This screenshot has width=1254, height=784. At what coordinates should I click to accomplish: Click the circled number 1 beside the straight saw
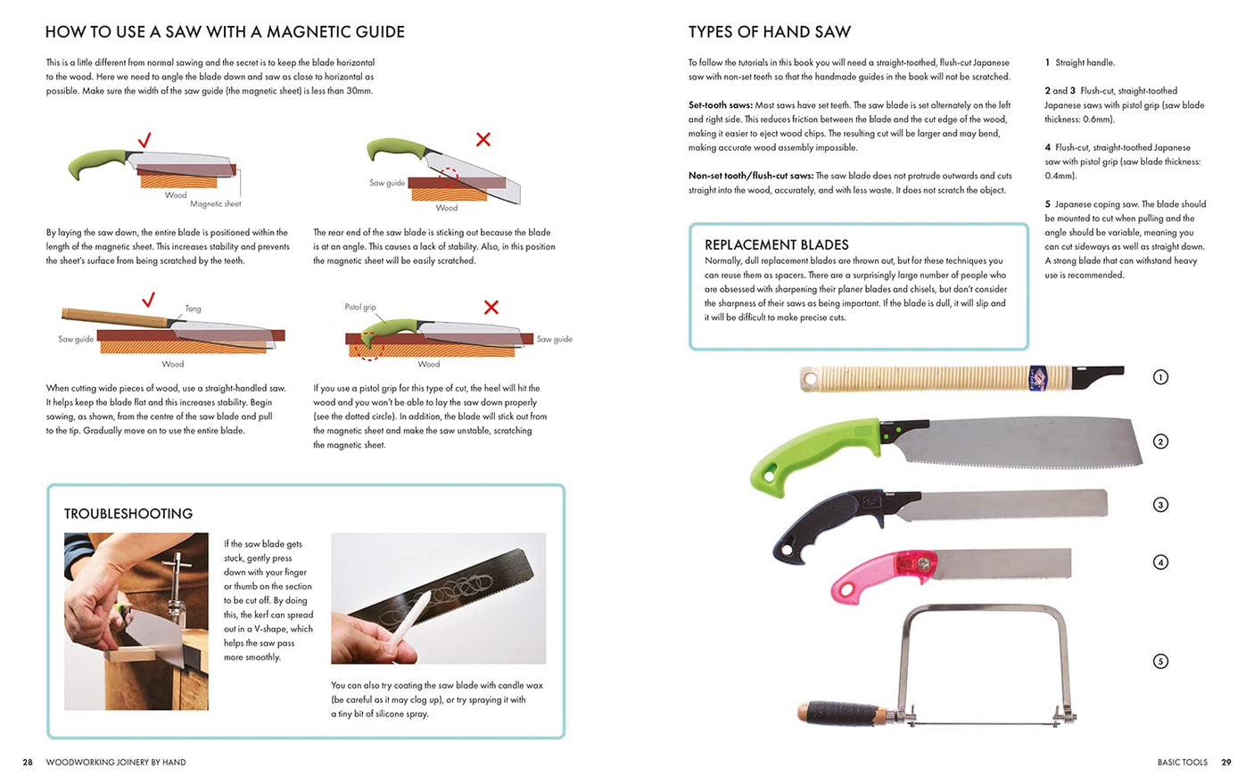pyautogui.click(x=1160, y=377)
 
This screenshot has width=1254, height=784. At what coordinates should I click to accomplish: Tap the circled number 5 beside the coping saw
pyautogui.click(x=1160, y=661)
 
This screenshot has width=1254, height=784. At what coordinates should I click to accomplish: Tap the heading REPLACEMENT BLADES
pyautogui.click(x=776, y=244)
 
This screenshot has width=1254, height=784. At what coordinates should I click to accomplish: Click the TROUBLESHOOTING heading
pyautogui.click(x=128, y=514)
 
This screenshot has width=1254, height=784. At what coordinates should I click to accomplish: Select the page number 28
pyautogui.click(x=28, y=763)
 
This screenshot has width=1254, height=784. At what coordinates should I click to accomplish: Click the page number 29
pyautogui.click(x=1226, y=763)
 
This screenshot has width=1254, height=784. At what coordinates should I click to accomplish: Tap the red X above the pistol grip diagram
pyautogui.click(x=491, y=308)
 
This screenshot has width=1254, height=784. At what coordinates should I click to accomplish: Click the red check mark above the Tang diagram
pyautogui.click(x=149, y=299)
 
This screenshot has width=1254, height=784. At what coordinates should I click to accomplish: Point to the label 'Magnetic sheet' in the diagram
pyautogui.click(x=215, y=204)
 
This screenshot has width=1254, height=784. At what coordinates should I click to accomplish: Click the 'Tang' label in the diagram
pyautogui.click(x=193, y=309)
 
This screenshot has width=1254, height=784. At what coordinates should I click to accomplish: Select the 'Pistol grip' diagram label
pyautogui.click(x=360, y=307)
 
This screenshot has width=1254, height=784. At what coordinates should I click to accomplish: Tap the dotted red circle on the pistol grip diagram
pyautogui.click(x=369, y=347)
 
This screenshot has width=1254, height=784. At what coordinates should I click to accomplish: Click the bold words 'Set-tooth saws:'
pyautogui.click(x=720, y=105)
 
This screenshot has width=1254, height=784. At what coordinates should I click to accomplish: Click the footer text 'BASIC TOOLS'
pyautogui.click(x=1182, y=763)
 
